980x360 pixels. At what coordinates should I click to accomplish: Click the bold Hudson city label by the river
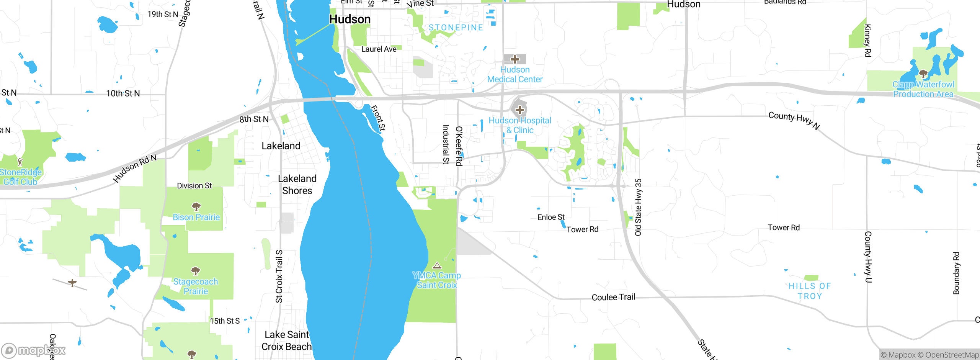[x=350, y=19]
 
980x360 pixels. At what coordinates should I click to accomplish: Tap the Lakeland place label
[x=281, y=146]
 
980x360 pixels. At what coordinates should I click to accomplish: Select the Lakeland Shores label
[x=297, y=185]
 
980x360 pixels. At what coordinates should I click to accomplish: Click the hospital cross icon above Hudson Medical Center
[x=515, y=59]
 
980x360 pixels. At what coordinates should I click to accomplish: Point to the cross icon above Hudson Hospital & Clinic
[x=519, y=110]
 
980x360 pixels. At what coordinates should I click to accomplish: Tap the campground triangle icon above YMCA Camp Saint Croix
[x=437, y=265]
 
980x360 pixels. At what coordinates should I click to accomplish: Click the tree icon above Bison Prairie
[x=196, y=207]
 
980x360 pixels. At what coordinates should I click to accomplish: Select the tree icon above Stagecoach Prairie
[x=196, y=272]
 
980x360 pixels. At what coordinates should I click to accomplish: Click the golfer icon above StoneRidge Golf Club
[x=20, y=162]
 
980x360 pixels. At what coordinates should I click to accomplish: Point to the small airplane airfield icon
[x=72, y=283]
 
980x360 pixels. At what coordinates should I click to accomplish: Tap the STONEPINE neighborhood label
[x=456, y=28]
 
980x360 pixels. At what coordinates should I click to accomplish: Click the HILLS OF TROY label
[x=809, y=291]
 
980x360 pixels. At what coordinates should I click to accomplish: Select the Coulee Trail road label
[x=613, y=297]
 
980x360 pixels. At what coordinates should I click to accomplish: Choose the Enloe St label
[x=551, y=217]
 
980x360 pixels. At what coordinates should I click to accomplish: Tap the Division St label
[x=194, y=186]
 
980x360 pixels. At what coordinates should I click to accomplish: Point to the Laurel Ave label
[x=379, y=49]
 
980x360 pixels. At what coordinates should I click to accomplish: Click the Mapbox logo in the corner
[x=34, y=350]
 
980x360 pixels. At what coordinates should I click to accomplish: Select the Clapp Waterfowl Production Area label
[x=923, y=89]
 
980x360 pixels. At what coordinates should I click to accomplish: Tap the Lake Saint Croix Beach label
[x=286, y=340]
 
